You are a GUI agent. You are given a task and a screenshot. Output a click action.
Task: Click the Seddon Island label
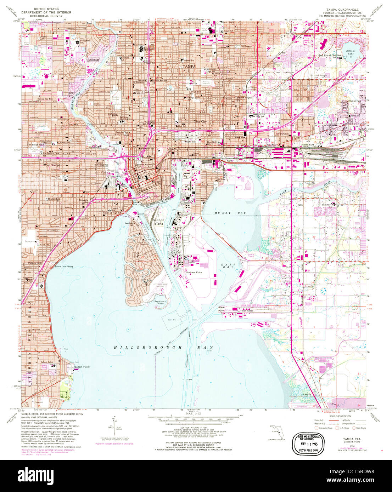coord(158,222)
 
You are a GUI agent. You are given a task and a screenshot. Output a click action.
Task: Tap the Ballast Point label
coord(82,367)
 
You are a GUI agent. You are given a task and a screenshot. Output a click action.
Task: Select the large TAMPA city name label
coord(189,67)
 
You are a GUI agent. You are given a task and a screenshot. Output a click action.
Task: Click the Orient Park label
coord(354,101)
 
